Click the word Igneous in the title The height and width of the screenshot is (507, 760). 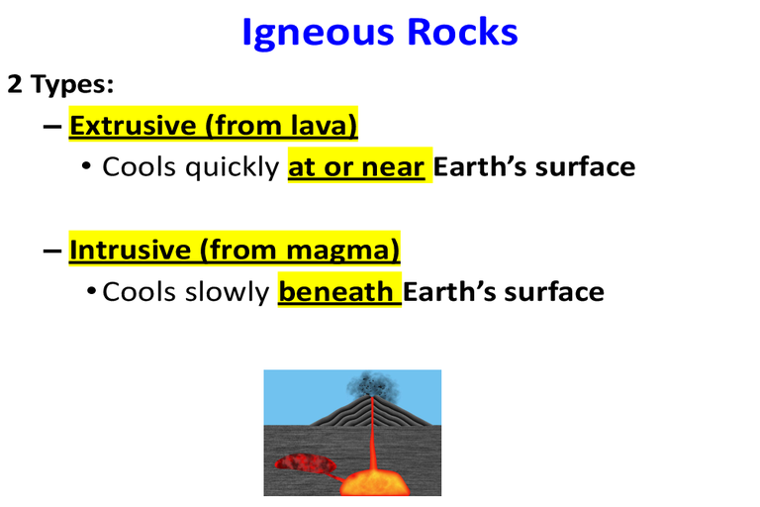coord(318,34)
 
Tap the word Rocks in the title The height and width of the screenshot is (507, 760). coord(462,32)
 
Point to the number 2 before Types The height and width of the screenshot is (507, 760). coord(15,84)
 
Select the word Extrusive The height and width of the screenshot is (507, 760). coord(133,125)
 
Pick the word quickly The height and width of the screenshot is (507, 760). coord(233,168)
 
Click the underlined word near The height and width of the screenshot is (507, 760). coord(393,168)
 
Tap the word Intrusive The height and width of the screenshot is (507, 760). coord(131,250)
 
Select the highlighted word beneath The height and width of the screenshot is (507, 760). coord(335,291)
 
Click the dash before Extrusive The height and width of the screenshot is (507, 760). coord(51,127)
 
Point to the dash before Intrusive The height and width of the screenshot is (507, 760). coord(51,251)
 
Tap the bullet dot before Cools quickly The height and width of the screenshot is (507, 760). coord(86,166)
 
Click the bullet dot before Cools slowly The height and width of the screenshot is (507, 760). coord(91,291)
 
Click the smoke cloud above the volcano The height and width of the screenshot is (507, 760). coord(372,386)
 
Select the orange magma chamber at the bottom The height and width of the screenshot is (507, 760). coord(375,483)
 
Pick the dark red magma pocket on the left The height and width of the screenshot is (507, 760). coord(306,462)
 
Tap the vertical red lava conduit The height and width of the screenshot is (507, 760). coord(373,435)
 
